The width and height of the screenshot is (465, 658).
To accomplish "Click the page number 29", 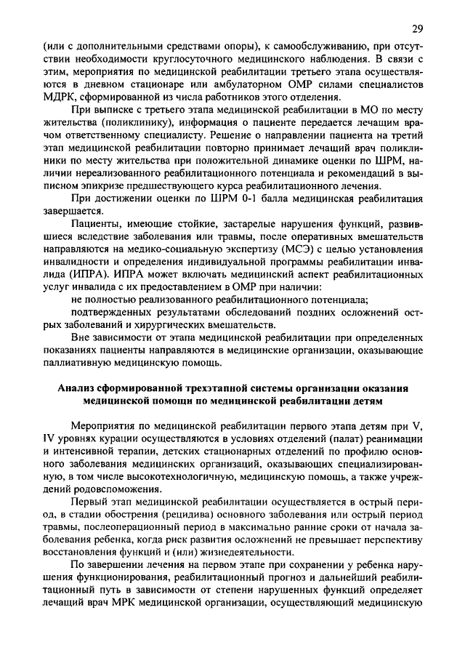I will tap(417, 28).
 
